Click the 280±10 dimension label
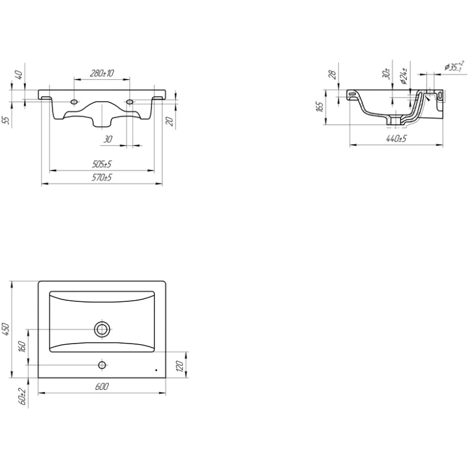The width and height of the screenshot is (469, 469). pyautogui.click(x=101, y=73)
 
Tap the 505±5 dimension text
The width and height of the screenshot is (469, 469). pyautogui.click(x=101, y=164)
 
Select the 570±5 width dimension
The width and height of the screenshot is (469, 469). pyautogui.click(x=101, y=178)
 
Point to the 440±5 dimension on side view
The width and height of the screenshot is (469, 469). pyautogui.click(x=396, y=138)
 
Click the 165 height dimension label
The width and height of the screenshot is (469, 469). pyautogui.click(x=320, y=107)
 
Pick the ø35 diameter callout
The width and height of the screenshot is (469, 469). pyautogui.click(x=454, y=66)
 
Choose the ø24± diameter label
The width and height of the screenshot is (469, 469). pyautogui.click(x=404, y=76)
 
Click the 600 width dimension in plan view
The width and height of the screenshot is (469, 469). pyautogui.click(x=101, y=386)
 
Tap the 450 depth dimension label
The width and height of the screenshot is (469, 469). pyautogui.click(x=6, y=329)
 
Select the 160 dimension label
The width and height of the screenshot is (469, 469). pyautogui.click(x=22, y=346)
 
